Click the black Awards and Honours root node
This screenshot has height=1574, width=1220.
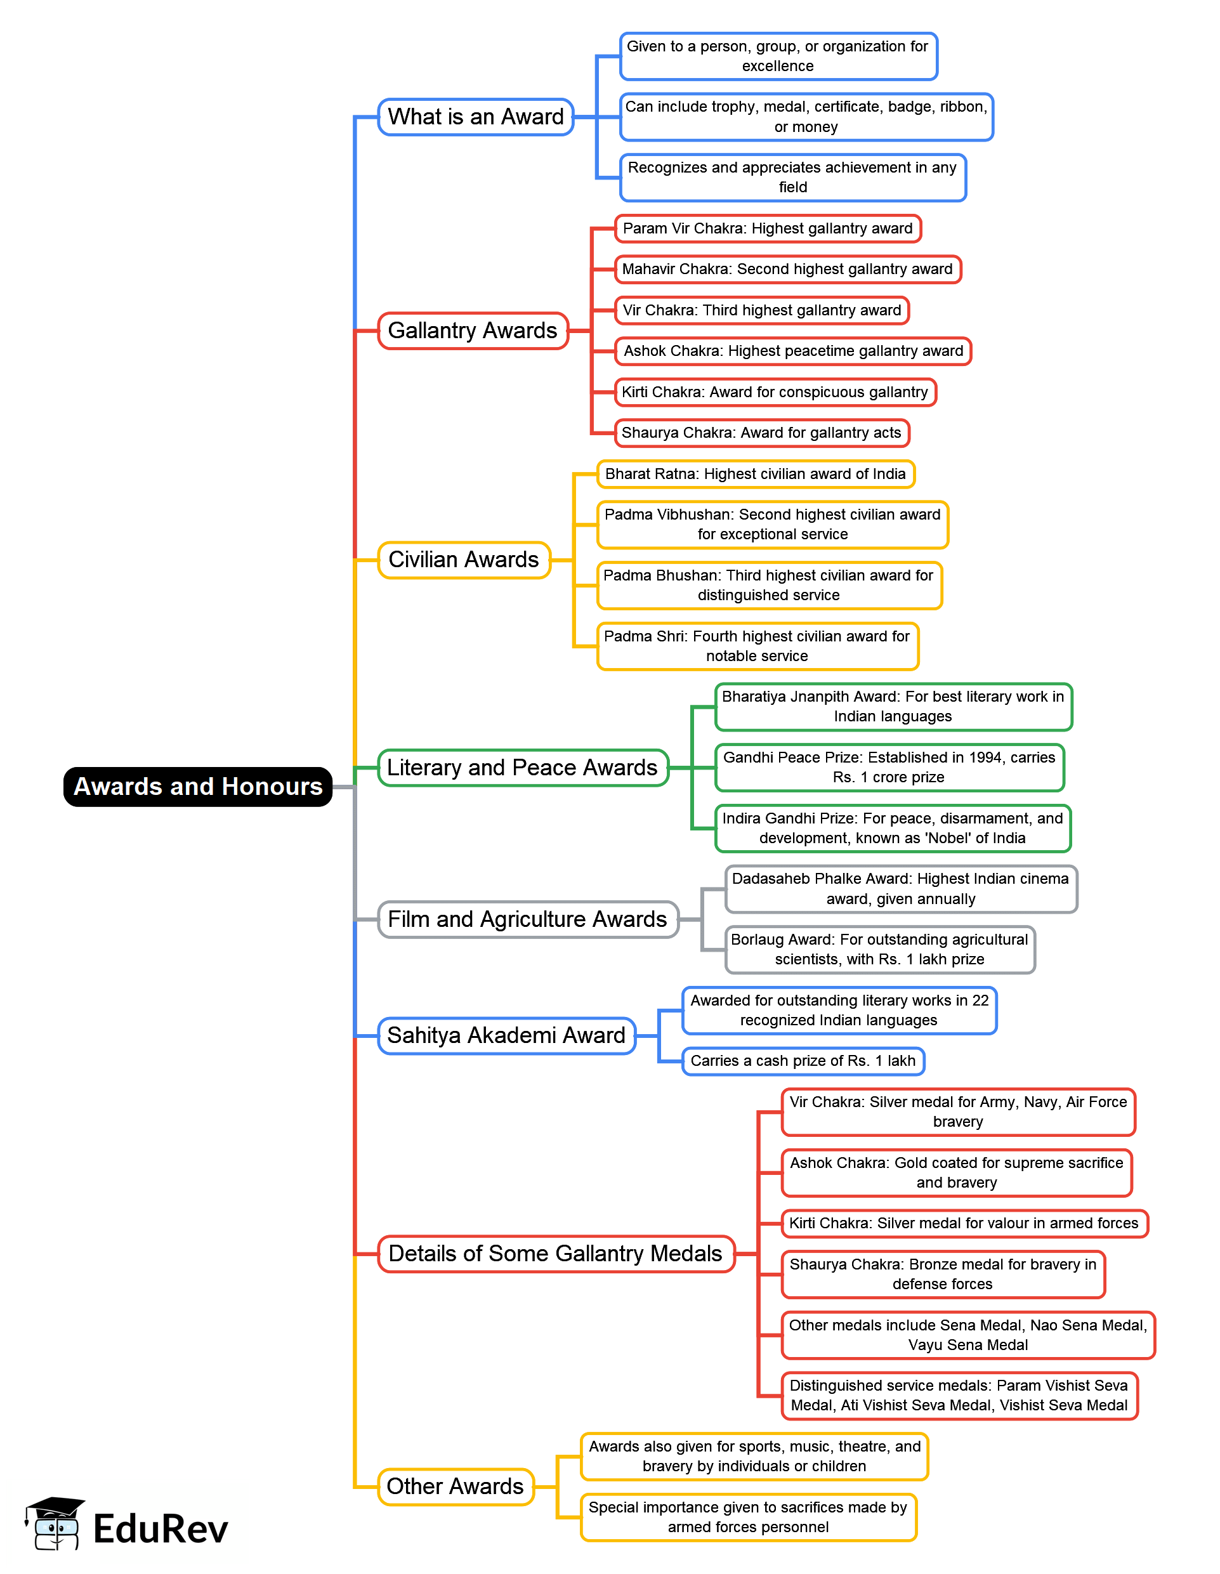click(197, 786)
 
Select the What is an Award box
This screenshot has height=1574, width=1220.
click(476, 117)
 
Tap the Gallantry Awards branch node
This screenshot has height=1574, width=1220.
click(473, 331)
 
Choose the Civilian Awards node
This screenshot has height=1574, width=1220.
click(463, 560)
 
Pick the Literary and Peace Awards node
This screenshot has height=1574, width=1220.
click(522, 768)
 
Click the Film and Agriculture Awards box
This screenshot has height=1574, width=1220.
click(527, 920)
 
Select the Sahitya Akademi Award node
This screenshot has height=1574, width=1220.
click(506, 1035)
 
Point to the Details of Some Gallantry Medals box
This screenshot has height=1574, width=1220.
click(555, 1254)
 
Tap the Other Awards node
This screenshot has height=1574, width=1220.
click(456, 1487)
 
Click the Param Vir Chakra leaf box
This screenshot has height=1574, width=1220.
click(768, 228)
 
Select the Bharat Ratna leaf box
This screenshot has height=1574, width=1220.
click(755, 474)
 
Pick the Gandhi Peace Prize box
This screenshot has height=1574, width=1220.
click(889, 768)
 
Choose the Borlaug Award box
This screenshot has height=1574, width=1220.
click(879, 950)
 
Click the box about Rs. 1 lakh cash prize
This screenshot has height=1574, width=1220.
click(803, 1061)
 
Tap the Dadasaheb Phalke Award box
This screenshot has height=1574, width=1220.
click(900, 889)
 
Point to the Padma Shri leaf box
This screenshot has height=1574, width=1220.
click(757, 646)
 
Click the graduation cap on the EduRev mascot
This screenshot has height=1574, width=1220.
click(55, 1507)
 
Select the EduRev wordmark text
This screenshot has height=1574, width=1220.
click(161, 1530)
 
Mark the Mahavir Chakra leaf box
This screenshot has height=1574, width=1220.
click(787, 270)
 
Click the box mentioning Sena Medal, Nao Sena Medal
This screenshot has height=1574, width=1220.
click(967, 1335)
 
